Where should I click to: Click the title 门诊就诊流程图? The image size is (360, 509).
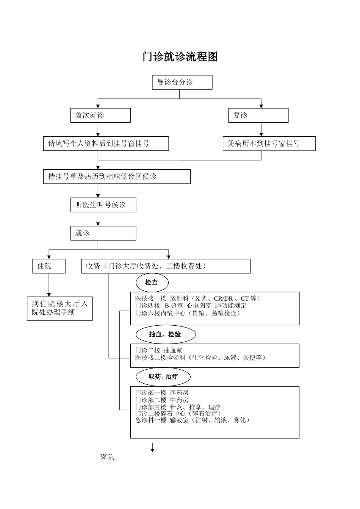coord(180,57)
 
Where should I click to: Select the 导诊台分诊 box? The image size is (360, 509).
coord(182,82)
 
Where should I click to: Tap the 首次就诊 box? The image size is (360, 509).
coord(100,115)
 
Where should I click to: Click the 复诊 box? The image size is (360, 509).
coord(258,115)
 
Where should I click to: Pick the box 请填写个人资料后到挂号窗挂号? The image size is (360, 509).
coord(106,144)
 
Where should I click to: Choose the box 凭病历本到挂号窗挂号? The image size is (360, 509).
coord(269,144)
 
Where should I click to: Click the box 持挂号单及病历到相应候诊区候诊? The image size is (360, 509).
coord(117,176)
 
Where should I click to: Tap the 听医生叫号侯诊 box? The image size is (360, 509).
coord(103,205)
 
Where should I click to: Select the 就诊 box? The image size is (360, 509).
coord(103,233)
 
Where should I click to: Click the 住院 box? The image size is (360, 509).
coord(49,266)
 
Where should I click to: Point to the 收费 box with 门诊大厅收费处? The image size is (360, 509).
coord(166,266)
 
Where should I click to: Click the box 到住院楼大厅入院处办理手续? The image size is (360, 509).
coord(59,308)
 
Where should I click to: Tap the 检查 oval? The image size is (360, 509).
coord(152,283)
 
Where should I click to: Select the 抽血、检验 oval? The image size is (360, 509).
coord(166,334)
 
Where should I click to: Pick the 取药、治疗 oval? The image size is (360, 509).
coord(163,377)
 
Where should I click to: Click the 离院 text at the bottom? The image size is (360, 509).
coord(107,457)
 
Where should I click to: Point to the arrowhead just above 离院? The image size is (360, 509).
coord(152,450)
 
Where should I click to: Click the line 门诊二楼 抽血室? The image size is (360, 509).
coord(159,351)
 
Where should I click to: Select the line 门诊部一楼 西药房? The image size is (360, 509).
coord(162,393)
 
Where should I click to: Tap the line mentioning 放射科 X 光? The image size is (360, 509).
coord(198,299)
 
